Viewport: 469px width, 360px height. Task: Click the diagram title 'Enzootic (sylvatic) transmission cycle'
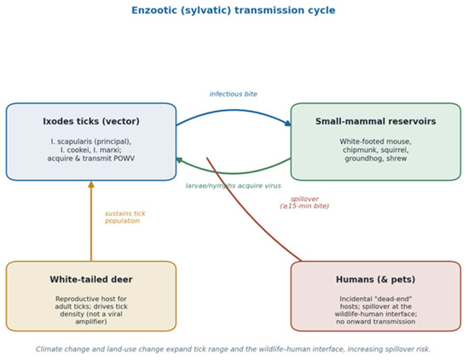coord(234,10)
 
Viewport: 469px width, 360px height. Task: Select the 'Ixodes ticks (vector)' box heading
coord(91,121)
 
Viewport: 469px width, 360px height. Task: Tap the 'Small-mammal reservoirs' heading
coord(376,121)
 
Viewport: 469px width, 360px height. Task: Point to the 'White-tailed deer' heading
coord(91,279)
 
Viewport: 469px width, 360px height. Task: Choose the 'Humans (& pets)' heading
coord(376,279)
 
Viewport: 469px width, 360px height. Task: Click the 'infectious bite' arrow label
coord(234,94)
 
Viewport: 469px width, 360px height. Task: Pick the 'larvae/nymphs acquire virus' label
coord(234,186)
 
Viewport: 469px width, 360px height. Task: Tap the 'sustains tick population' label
coord(125,218)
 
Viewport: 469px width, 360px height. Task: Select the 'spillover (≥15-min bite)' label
coord(304,202)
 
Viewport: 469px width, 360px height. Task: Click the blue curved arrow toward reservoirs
coord(234,110)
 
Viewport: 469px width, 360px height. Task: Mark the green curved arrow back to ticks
coord(234,173)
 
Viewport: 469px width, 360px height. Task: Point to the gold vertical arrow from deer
coord(91,221)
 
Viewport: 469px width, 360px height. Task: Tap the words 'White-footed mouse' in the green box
coord(375,142)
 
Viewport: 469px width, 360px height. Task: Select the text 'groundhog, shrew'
coord(376,159)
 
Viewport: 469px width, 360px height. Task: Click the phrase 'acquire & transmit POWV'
coord(91,159)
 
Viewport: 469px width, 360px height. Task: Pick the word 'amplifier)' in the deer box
coord(91,322)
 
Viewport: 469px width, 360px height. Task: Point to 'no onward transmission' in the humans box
coord(376,322)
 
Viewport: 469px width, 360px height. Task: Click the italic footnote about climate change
coord(234,349)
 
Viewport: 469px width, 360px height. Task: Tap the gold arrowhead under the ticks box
coord(91,184)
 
